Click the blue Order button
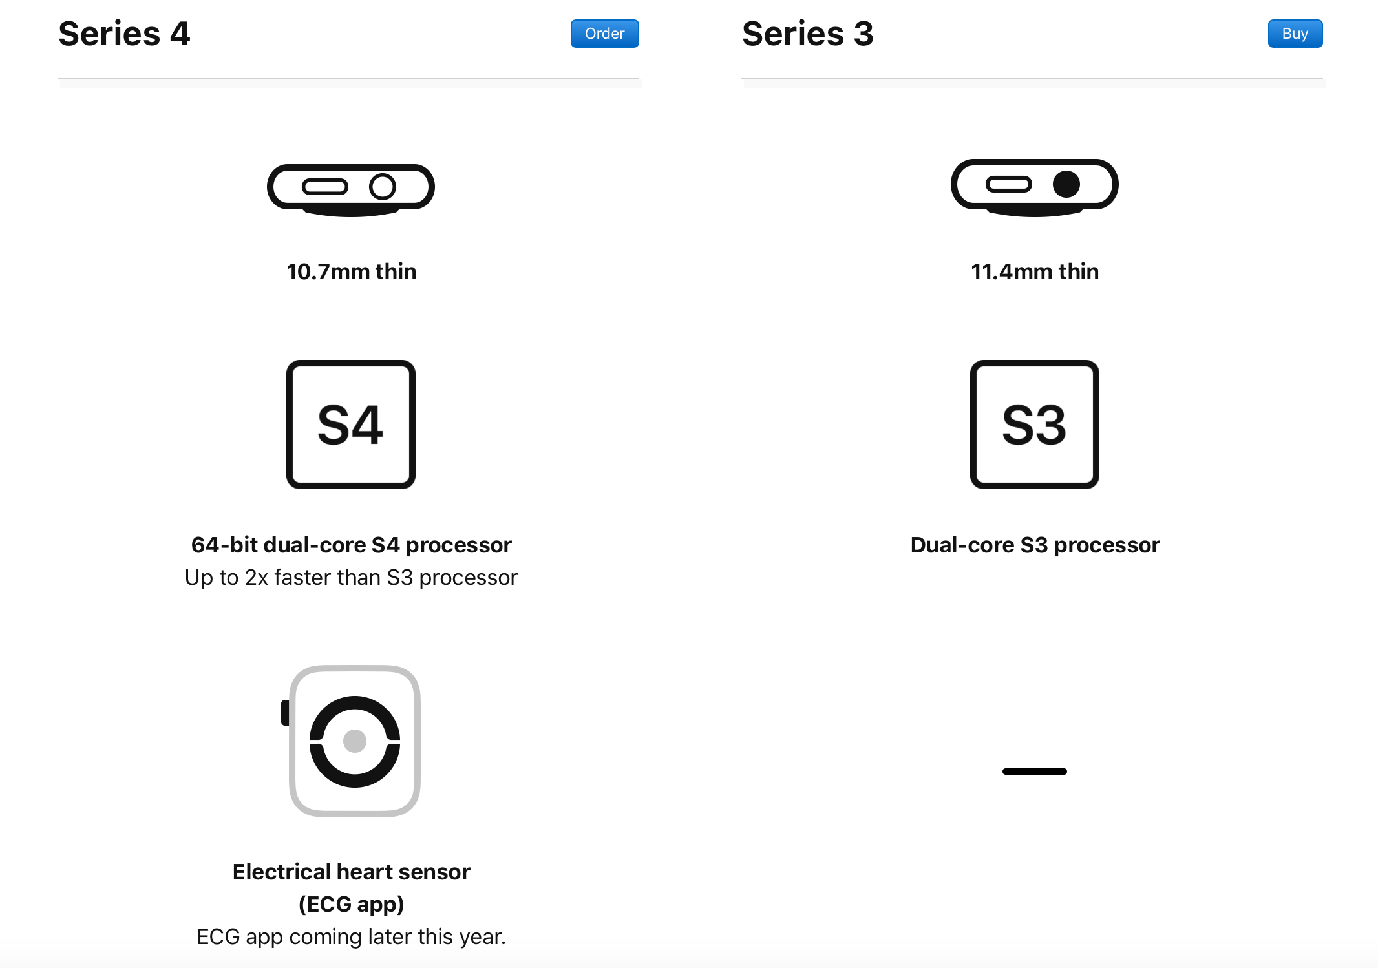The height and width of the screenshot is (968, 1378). tap(604, 34)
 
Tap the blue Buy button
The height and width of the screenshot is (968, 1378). tap(1295, 34)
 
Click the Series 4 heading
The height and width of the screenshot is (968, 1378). tap(124, 34)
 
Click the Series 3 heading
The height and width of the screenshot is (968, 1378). tap(808, 34)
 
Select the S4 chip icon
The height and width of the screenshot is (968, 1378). tap(351, 425)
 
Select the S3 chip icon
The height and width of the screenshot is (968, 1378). tap(1035, 425)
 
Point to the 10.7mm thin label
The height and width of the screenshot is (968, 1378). tap(352, 271)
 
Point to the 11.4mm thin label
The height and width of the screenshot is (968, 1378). tap(1035, 271)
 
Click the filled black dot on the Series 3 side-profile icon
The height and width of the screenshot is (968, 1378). tap(1066, 184)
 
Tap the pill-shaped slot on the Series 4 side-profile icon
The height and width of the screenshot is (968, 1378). tap(325, 187)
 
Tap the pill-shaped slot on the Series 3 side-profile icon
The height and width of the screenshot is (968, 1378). tap(1009, 185)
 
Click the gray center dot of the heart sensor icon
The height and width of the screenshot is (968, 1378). tap(355, 741)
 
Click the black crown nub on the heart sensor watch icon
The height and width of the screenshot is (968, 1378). tap(285, 713)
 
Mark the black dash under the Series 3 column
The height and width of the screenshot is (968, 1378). tap(1035, 772)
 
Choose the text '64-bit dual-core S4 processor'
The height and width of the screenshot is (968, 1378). tap(352, 545)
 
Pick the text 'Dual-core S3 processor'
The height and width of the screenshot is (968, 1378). tap(1035, 545)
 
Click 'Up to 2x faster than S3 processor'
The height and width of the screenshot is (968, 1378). tap(352, 577)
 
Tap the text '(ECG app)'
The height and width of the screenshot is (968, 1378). tap(352, 904)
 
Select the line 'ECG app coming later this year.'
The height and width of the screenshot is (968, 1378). tap(352, 936)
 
